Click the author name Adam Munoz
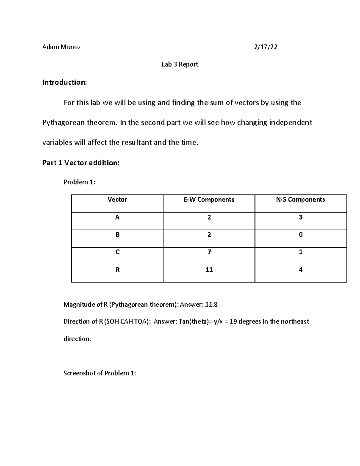point(61,47)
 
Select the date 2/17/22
point(265,47)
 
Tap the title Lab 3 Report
point(180,65)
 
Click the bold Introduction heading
point(64,83)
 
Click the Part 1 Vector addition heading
point(81,163)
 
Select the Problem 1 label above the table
point(79,182)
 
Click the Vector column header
point(117,200)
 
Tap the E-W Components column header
point(209,200)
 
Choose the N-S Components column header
point(300,200)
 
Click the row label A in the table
point(117,217)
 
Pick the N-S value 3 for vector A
point(301,217)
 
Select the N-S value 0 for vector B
point(301,235)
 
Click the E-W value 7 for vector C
point(209,252)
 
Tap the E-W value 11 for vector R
point(209,270)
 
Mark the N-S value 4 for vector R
point(301,270)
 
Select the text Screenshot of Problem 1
point(100,373)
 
